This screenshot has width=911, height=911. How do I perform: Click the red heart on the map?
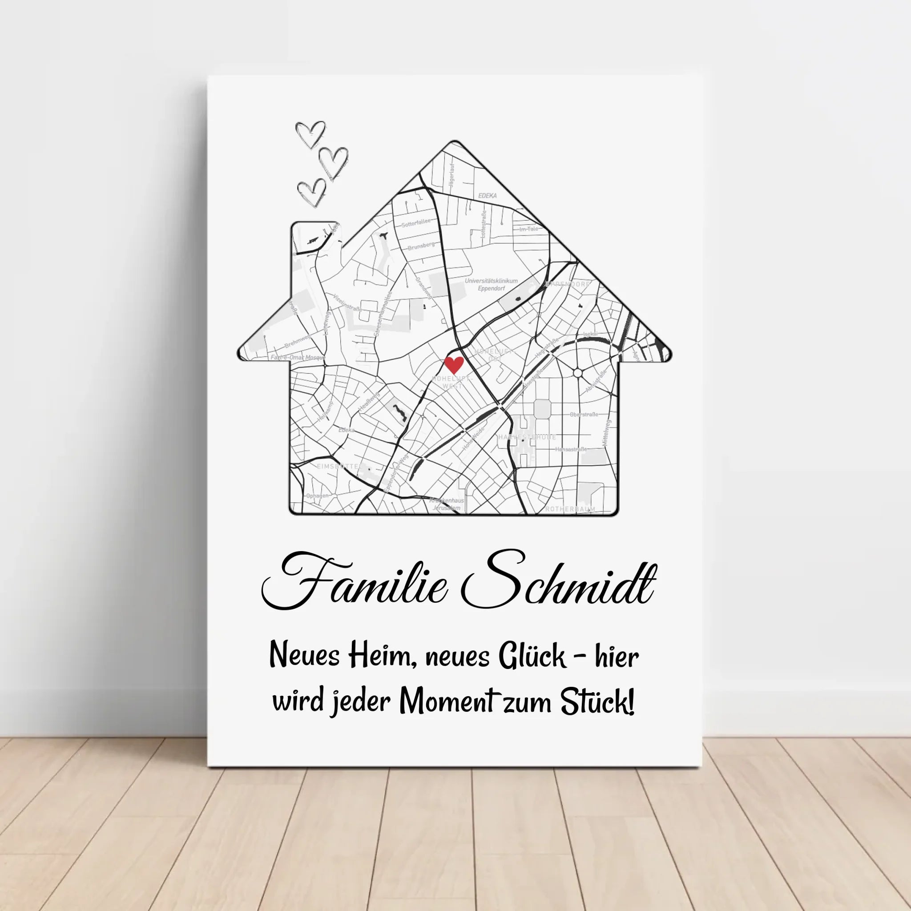tap(454, 365)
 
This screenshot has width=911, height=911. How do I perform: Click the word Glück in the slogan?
tap(532, 657)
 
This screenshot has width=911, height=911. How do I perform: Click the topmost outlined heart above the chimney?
tap(310, 133)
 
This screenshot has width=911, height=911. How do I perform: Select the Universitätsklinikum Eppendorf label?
tap(491, 284)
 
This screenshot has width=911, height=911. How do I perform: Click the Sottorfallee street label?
tap(416, 223)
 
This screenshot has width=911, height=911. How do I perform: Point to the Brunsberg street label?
tap(421, 246)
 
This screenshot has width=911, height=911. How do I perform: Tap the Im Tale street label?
tap(528, 229)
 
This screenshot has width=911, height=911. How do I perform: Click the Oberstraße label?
tap(584, 415)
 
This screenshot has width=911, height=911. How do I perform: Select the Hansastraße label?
tap(571, 449)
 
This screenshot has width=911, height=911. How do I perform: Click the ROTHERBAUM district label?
tap(570, 509)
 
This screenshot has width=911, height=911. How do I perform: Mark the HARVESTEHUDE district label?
tap(527, 437)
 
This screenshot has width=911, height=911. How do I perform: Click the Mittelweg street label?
tap(606, 433)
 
